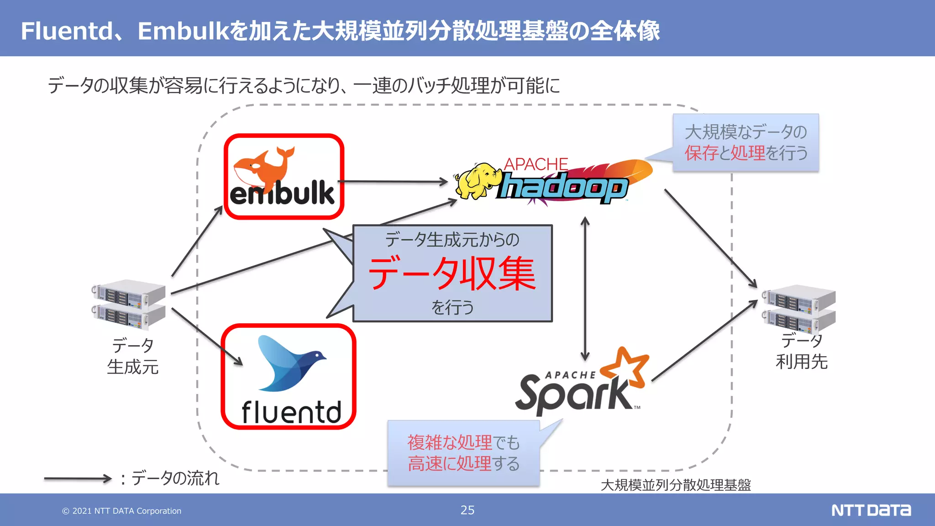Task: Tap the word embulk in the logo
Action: (x=282, y=193)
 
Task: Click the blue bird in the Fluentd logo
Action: (x=288, y=363)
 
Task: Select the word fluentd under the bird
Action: (x=291, y=412)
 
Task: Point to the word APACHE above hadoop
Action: (x=536, y=164)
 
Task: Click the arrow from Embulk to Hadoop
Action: (x=393, y=182)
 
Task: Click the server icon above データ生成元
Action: (x=129, y=304)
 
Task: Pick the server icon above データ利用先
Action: (x=799, y=309)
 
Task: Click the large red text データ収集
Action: (x=452, y=274)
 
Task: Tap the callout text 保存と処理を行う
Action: (x=746, y=153)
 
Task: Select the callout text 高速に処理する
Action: (x=463, y=463)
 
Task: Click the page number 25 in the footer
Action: (x=467, y=510)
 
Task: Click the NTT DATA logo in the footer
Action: (x=871, y=510)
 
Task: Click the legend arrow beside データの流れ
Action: (x=78, y=479)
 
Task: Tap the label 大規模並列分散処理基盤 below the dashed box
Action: (x=676, y=485)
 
